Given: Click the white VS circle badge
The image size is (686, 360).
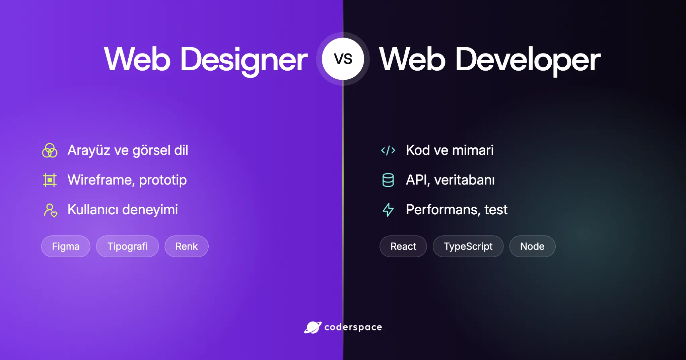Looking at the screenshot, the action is (x=343, y=59).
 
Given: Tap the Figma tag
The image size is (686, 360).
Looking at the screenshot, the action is (x=66, y=246).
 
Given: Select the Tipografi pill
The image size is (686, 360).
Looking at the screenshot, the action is (x=127, y=246).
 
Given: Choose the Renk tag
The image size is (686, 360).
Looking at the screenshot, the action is (x=187, y=246).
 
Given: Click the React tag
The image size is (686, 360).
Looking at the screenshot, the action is (x=403, y=246).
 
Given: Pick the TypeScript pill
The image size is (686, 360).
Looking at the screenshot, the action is (x=468, y=246).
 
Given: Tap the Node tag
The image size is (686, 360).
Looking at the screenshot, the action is (x=532, y=246).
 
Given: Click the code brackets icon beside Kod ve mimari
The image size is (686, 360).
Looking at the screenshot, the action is (x=388, y=150).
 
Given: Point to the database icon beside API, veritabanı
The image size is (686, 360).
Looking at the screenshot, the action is (x=388, y=180).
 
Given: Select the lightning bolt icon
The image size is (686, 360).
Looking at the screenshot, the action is (x=388, y=210).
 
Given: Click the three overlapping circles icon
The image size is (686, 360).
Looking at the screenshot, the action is (x=50, y=150).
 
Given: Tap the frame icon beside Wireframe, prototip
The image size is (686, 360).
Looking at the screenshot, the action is (x=50, y=180).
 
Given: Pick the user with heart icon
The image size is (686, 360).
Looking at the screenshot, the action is (x=51, y=210).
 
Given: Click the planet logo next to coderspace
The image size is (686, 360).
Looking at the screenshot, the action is (x=313, y=327).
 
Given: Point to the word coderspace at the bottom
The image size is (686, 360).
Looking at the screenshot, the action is (x=353, y=327).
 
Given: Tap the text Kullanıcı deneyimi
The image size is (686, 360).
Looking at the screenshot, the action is (x=123, y=210).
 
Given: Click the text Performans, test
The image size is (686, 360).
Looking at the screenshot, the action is (x=457, y=210).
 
